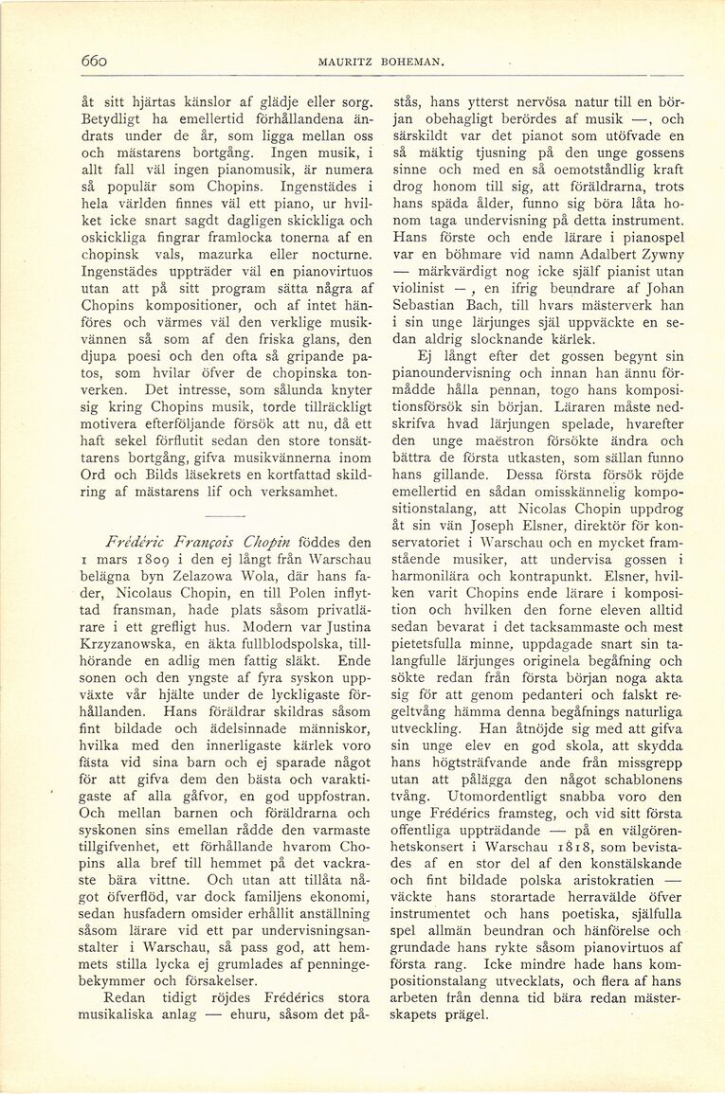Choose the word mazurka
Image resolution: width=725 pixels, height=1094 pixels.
pyautogui.click(x=221, y=255)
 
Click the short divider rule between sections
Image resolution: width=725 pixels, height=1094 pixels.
pyautogui.click(x=225, y=515)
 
